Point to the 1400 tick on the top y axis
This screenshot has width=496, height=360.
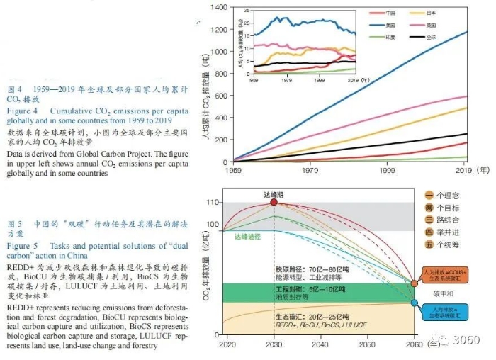(x=218, y=7)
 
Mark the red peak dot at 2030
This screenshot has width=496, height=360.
(x=274, y=203)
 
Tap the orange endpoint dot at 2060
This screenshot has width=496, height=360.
(x=415, y=283)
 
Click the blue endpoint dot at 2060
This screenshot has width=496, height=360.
(x=415, y=303)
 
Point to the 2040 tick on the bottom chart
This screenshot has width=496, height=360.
(x=320, y=344)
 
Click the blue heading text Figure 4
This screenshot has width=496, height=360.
(x=24, y=111)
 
